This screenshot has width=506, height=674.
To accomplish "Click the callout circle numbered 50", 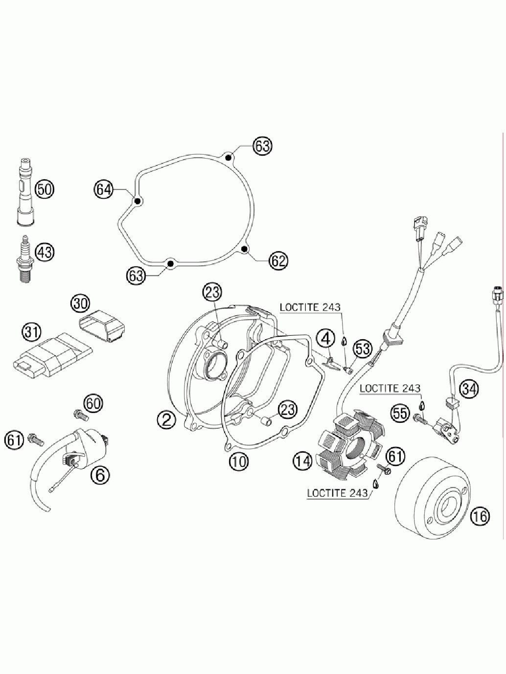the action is pyautogui.click(x=45, y=189).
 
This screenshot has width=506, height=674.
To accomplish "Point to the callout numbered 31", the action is pyautogui.click(x=32, y=332).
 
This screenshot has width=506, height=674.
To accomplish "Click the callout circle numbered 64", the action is pyautogui.click(x=104, y=189).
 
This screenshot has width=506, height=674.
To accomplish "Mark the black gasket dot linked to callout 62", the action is pyautogui.click(x=244, y=250).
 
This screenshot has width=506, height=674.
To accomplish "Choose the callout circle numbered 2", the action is pyautogui.click(x=166, y=419).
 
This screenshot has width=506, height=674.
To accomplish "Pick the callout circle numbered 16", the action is pyautogui.click(x=481, y=516).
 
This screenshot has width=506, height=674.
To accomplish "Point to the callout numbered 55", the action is pyautogui.click(x=400, y=413).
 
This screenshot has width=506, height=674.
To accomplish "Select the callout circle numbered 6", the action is pyautogui.click(x=100, y=473).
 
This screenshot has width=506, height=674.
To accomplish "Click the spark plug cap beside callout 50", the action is pyautogui.click(x=24, y=192).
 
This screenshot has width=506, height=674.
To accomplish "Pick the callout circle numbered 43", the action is pyautogui.click(x=45, y=253).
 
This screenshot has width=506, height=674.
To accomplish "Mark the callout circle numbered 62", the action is pyautogui.click(x=278, y=261).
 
